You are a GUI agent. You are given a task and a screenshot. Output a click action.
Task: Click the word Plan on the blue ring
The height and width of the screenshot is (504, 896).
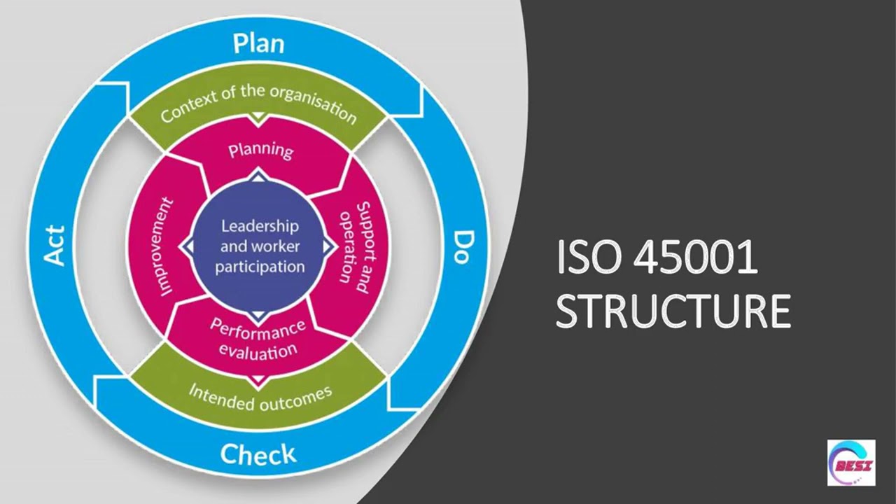click(x=259, y=43)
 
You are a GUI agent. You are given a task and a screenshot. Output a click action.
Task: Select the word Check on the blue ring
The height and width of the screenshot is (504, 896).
click(x=258, y=455)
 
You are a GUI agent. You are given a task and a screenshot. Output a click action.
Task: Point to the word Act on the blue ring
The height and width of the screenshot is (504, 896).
click(x=54, y=246)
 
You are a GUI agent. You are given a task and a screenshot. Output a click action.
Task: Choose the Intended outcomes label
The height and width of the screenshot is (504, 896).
click(x=260, y=395)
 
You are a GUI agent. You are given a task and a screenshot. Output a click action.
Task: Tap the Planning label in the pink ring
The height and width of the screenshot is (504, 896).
click(x=260, y=150)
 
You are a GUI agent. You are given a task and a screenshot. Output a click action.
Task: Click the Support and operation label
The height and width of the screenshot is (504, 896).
click(x=353, y=246)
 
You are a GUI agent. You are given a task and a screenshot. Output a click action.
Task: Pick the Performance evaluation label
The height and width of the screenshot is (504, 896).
click(x=258, y=339)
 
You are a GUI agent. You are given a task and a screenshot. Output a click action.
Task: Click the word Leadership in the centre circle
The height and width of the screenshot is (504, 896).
click(x=260, y=226)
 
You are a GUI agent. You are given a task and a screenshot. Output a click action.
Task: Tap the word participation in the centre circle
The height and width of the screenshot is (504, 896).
click(x=260, y=267)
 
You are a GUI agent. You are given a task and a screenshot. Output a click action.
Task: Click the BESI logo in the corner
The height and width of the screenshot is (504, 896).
click(x=851, y=463)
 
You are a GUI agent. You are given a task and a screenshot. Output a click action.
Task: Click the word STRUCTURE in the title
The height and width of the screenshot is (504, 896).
click(x=673, y=311)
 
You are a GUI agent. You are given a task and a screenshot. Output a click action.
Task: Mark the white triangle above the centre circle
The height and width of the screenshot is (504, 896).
click(x=259, y=178)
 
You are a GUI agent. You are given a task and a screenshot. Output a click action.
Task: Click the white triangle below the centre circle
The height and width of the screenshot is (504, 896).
click(x=259, y=315)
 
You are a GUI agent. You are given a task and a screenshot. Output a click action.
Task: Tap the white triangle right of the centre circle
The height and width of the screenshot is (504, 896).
click(x=328, y=246)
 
